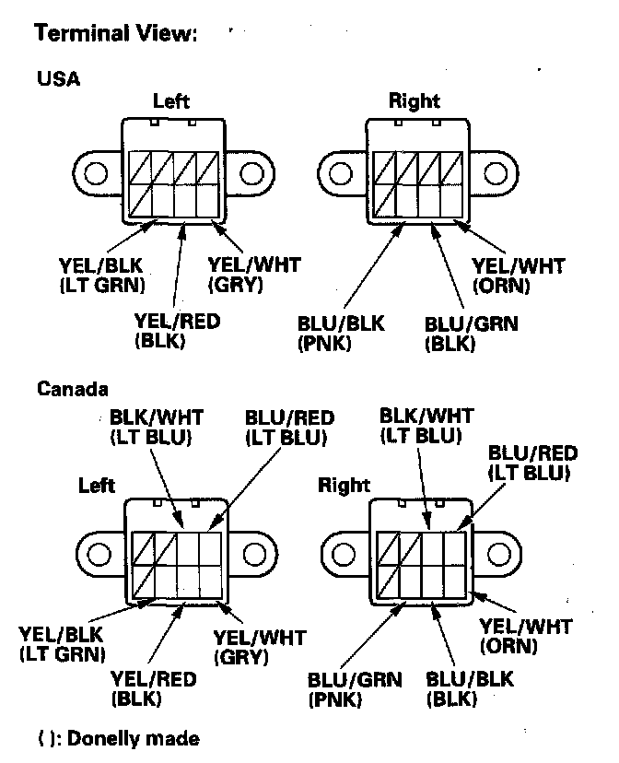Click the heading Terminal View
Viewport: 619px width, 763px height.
114,35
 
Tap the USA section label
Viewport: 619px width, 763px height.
58,78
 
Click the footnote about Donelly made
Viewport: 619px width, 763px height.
118,738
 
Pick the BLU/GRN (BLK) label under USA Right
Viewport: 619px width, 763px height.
471,333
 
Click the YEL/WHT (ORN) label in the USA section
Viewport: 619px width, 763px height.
518,275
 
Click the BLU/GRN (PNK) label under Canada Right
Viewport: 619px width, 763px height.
356,689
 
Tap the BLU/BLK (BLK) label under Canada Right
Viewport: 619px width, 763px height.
470,689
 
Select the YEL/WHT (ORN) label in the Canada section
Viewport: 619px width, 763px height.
525,636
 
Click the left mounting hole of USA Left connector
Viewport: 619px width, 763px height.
96,172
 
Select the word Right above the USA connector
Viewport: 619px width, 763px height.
414,100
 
